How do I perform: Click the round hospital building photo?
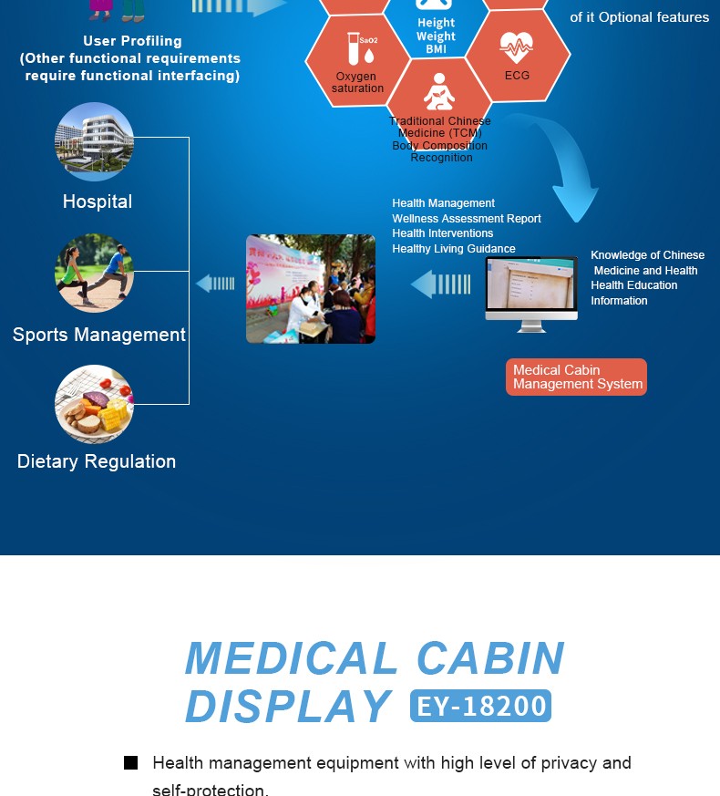click(95, 142)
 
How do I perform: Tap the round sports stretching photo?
click(95, 274)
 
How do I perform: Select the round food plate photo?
click(95, 404)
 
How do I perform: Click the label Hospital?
click(98, 202)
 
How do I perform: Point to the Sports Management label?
click(99, 335)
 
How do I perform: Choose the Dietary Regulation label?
click(97, 461)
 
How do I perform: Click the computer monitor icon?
click(531, 293)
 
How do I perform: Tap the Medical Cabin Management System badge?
click(576, 377)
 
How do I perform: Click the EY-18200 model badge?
click(481, 706)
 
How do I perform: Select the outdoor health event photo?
click(311, 289)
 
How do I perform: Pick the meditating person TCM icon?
click(439, 94)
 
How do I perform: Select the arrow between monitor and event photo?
click(441, 284)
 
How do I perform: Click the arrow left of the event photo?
click(216, 284)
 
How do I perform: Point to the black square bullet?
click(130, 763)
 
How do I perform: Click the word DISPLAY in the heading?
click(288, 706)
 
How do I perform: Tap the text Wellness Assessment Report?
click(467, 219)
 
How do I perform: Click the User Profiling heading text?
click(132, 41)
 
